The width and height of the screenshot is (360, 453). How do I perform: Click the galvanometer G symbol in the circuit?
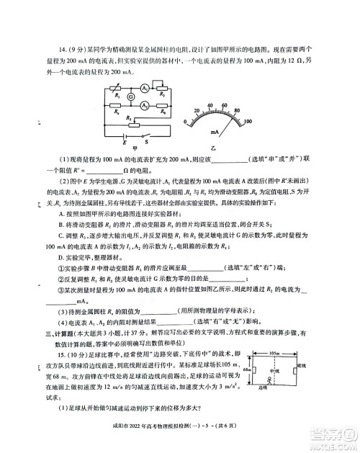pos(130,97)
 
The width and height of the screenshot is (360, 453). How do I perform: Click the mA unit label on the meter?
pos(216,132)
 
